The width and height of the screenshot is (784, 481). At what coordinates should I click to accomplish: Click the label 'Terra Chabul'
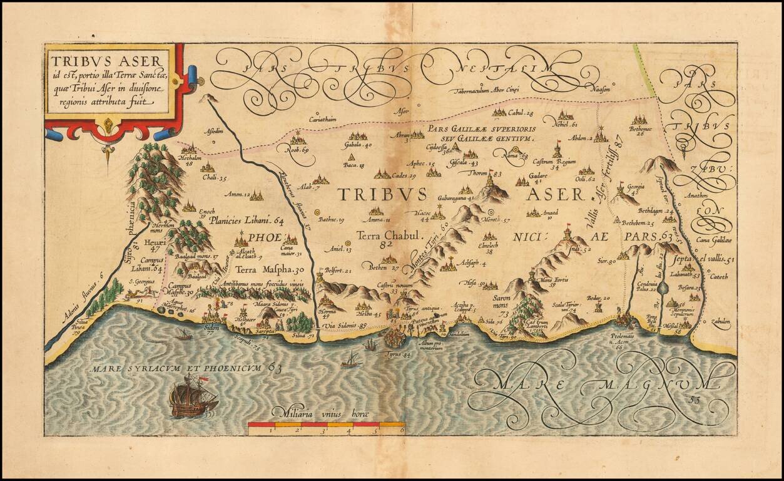(382, 235)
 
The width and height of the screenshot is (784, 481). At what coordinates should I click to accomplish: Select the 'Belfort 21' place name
(338, 271)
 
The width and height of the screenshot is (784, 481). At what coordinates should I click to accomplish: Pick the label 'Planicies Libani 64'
(246, 220)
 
